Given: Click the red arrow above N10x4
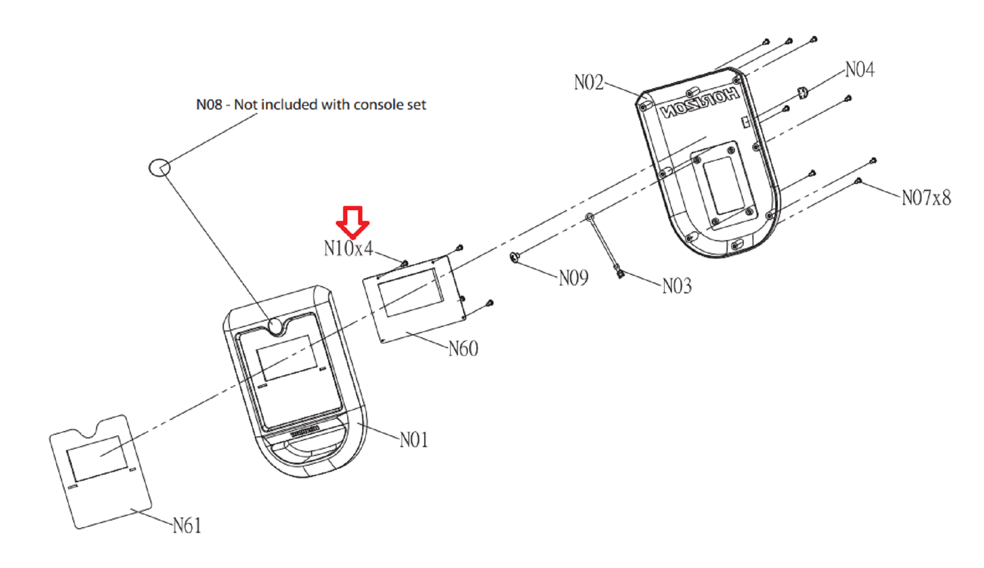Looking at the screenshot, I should (x=352, y=222).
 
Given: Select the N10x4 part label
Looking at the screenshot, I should (x=348, y=249).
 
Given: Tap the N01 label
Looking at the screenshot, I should (x=414, y=440).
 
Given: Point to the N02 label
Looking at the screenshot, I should (x=589, y=83).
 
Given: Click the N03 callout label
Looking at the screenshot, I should (x=677, y=286).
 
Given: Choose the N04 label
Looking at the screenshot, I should (x=859, y=70).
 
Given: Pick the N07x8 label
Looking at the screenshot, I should (x=926, y=198).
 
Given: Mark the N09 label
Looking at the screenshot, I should (x=573, y=278).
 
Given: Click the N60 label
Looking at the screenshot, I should (x=463, y=349).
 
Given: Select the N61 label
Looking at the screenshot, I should (x=187, y=526).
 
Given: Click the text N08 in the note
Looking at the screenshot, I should (x=209, y=105).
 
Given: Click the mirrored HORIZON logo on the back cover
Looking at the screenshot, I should (x=700, y=103).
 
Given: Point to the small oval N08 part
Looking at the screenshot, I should (x=159, y=167).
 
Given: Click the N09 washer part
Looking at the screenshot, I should (x=514, y=257).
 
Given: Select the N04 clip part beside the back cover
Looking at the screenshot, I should (x=803, y=93).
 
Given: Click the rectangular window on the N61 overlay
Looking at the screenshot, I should (x=97, y=458).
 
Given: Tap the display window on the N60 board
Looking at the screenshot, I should (x=411, y=292).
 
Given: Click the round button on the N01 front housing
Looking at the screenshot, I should (x=275, y=326).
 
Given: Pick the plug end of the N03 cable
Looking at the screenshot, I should (x=620, y=272).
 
